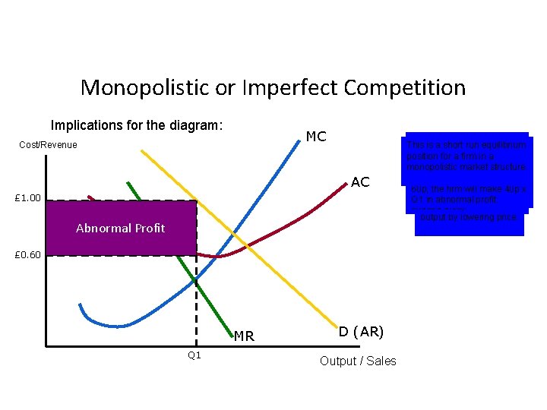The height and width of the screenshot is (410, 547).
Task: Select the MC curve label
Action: click(x=316, y=137)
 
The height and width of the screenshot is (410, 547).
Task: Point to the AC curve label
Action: click(x=360, y=182)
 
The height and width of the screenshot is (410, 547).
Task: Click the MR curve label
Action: click(x=244, y=336)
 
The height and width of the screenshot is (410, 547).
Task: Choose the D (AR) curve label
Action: click(x=361, y=332)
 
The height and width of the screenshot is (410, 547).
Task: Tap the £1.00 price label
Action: click(x=30, y=199)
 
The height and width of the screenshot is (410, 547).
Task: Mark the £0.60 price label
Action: click(x=30, y=254)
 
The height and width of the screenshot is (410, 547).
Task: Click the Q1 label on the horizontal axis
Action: click(x=194, y=355)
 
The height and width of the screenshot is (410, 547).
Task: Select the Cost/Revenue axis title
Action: click(x=49, y=144)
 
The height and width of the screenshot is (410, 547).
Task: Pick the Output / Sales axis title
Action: click(x=358, y=361)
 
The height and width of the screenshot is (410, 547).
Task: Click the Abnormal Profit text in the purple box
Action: click(x=120, y=228)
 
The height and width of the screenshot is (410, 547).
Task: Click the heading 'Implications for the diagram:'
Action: click(x=136, y=125)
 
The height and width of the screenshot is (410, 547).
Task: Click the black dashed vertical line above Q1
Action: click(x=197, y=319)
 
